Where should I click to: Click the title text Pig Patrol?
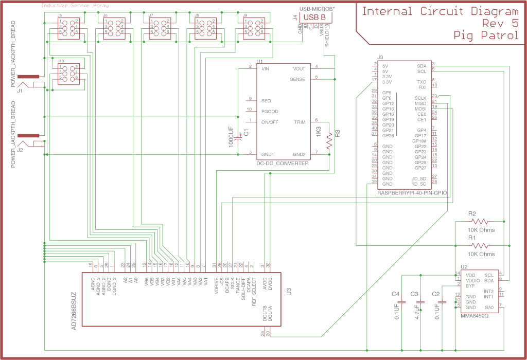[486, 35]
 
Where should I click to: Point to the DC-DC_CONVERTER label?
[283, 163]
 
